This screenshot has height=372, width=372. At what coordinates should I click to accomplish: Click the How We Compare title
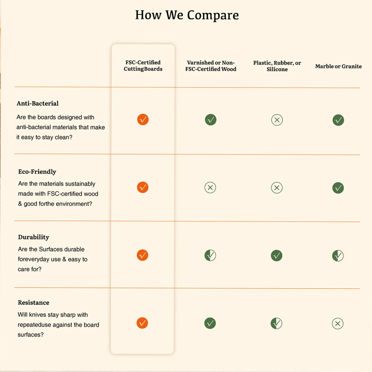point(187,15)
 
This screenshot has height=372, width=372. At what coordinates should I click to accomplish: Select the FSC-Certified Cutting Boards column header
point(143,66)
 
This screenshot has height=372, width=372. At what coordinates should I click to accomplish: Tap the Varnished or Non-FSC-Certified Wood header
point(211,66)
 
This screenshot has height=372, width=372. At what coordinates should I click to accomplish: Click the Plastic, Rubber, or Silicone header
point(277,66)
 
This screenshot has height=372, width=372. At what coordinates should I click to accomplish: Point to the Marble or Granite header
point(338,66)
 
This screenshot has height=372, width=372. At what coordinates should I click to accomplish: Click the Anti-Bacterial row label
point(38,103)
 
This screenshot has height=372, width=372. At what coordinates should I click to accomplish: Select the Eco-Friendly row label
point(37,172)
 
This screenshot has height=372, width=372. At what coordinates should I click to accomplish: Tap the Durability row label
point(33,237)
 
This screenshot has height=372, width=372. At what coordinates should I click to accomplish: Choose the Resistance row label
point(33,303)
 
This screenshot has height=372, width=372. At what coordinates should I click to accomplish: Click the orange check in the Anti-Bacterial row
point(143,119)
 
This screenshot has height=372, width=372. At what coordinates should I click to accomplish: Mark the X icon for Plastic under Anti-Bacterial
point(277,120)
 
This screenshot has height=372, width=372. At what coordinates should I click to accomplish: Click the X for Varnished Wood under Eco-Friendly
point(210,188)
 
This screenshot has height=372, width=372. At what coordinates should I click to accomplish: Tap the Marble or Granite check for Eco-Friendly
point(338,188)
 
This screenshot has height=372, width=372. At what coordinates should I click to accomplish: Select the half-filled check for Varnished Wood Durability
point(210,255)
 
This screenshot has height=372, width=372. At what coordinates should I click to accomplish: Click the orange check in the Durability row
point(142,255)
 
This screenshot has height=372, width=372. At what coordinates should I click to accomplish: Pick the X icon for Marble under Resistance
point(337,324)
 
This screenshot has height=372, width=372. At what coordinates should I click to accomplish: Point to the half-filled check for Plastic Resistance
point(276,323)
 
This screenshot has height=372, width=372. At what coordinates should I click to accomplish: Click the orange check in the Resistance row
point(142,323)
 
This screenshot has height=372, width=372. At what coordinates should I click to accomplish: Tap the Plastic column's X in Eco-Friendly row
point(276,188)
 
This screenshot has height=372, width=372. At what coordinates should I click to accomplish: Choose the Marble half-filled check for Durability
point(338,256)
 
